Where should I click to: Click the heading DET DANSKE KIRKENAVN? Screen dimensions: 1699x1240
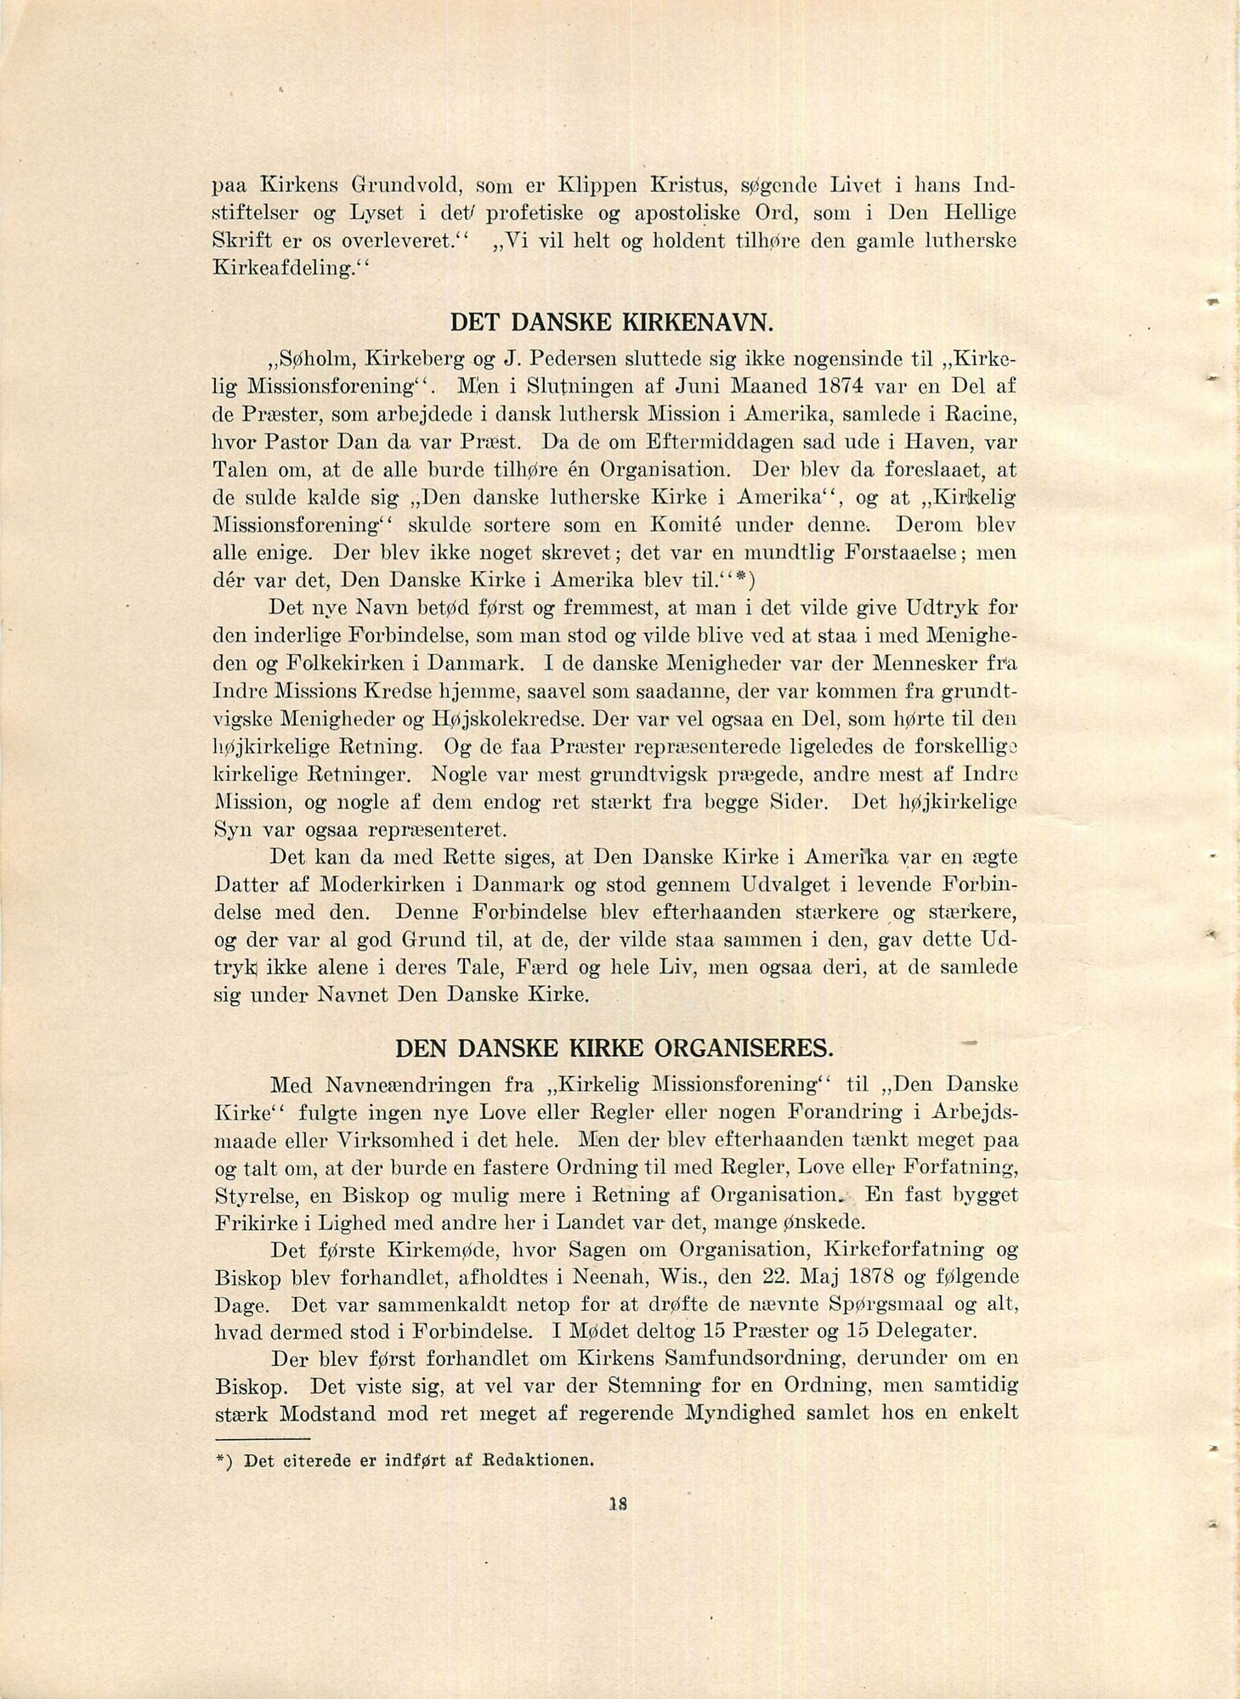(611, 323)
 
